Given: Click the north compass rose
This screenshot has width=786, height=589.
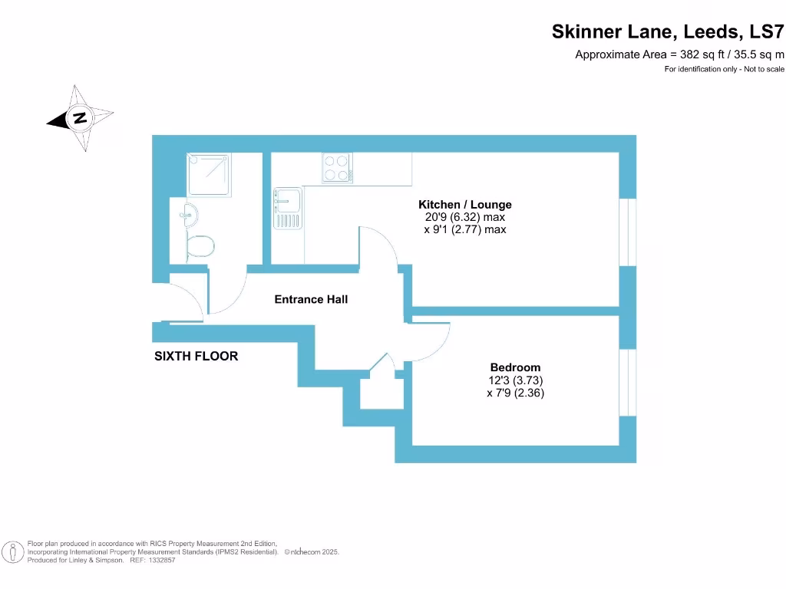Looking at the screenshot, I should tap(80, 118).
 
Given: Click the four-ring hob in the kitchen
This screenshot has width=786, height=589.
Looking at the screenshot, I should tap(337, 168).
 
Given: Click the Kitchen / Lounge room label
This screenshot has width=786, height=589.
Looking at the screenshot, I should tap(464, 205).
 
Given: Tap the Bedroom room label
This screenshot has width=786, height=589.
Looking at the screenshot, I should tap(515, 367).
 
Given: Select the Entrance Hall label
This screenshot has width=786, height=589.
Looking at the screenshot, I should tap(311, 299).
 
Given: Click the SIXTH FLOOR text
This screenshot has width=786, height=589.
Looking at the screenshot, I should tap(196, 356).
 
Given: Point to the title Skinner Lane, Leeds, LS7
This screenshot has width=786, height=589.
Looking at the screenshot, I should tap(668, 32).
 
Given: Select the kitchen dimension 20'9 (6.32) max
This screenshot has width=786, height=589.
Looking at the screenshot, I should tap(464, 217).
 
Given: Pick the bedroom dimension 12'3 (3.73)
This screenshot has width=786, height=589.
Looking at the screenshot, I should tap(515, 380).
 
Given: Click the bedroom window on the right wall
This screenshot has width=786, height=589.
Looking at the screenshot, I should tap(628, 382).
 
